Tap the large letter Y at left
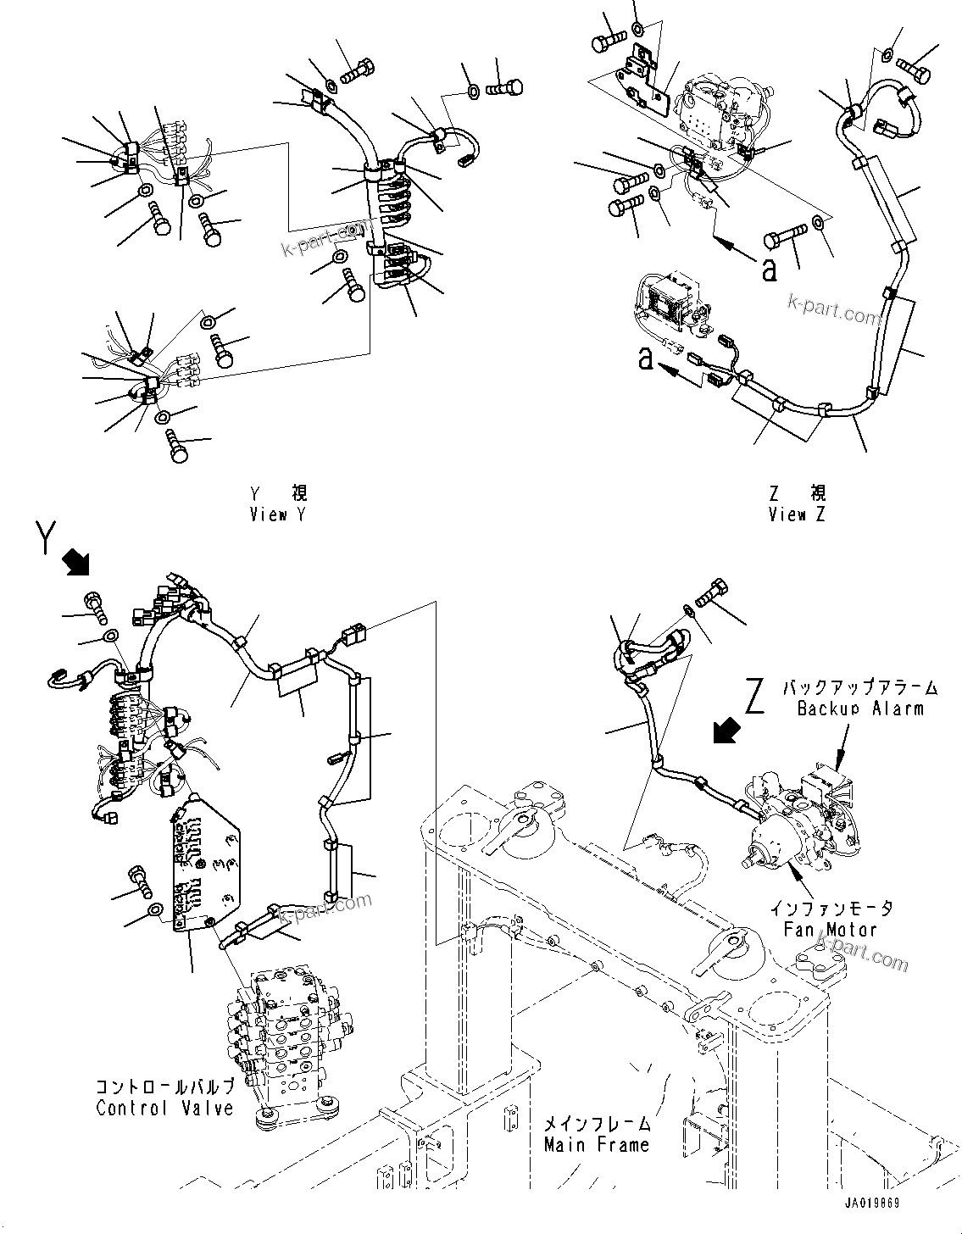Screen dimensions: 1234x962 point(48,537)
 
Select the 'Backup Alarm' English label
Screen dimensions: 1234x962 point(859,708)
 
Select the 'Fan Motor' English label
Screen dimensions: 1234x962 point(831,929)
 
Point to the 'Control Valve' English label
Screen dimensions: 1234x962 point(164,1108)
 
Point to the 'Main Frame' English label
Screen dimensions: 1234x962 point(597,1144)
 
